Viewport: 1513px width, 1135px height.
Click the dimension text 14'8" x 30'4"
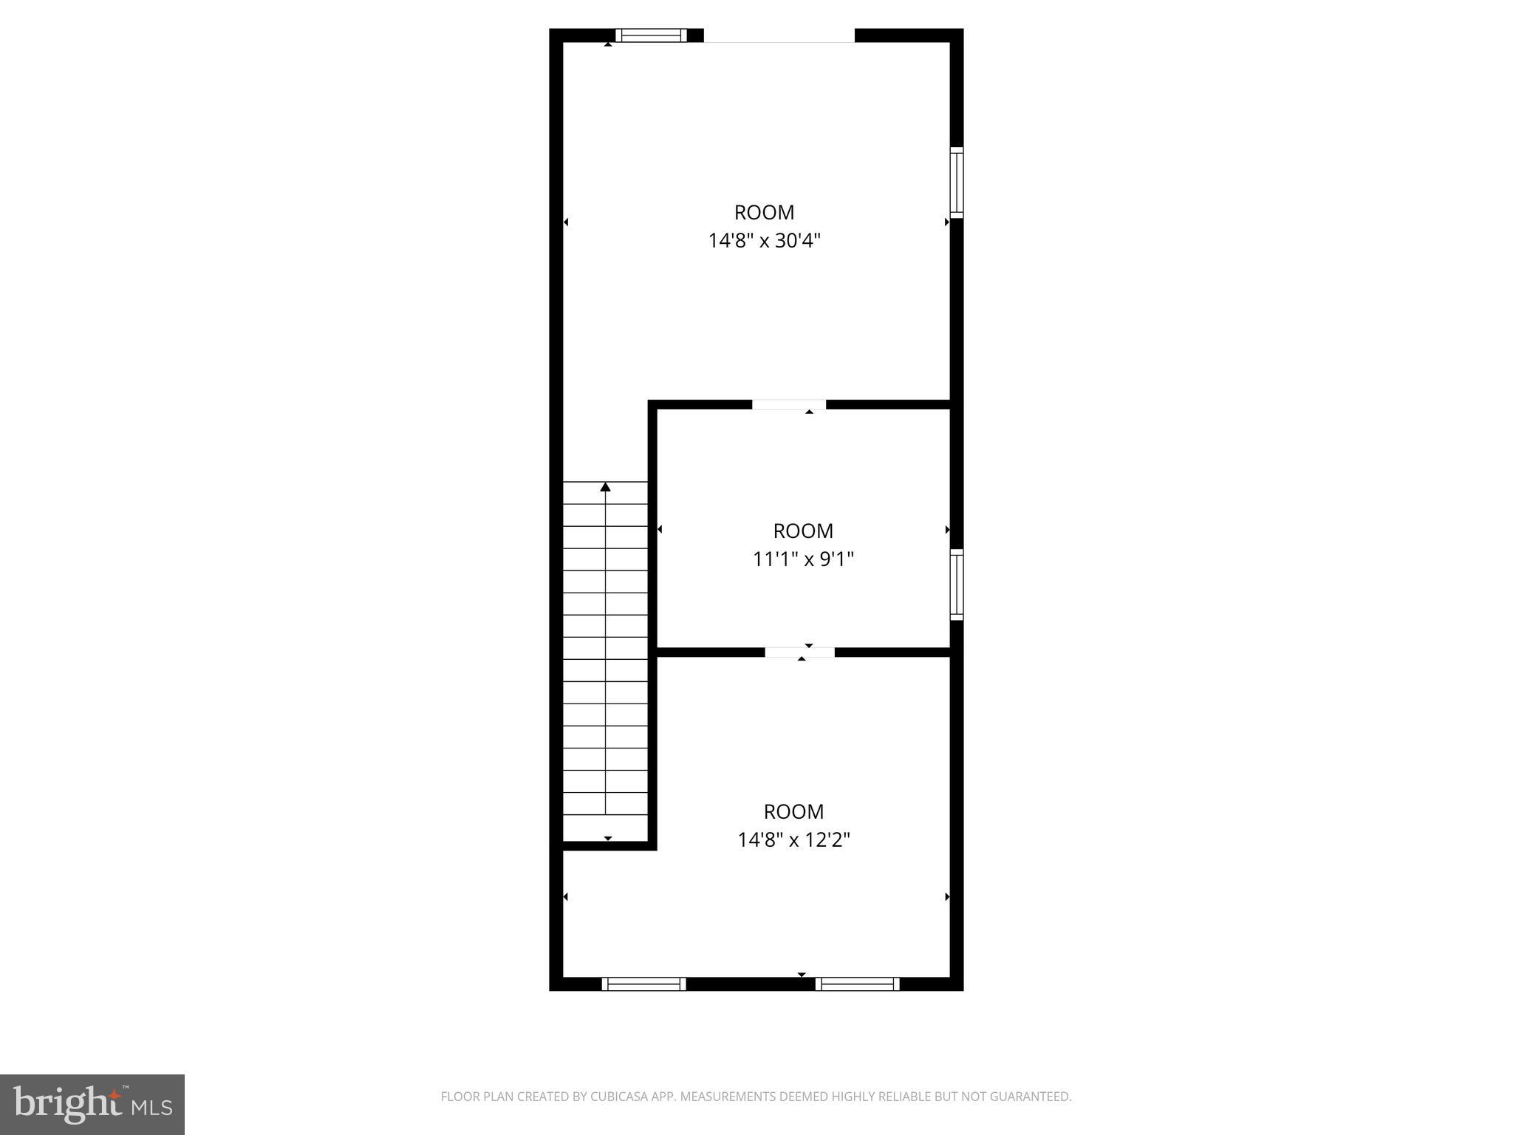pos(765,241)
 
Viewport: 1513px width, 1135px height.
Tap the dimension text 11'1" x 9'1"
pos(803,559)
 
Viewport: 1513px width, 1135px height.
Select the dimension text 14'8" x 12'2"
pos(794,840)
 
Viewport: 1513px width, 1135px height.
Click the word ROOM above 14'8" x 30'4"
pos(765,213)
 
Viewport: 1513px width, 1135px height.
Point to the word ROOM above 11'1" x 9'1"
pos(803,531)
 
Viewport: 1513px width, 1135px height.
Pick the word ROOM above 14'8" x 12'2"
pos(794,812)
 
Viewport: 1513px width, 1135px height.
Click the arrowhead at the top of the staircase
pos(606,486)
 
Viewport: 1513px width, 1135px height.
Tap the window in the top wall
pos(651,35)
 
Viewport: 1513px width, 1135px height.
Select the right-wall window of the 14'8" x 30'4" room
pos(956,182)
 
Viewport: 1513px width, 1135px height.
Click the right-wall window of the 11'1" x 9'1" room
pos(956,584)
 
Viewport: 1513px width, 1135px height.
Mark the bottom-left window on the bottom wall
pos(643,984)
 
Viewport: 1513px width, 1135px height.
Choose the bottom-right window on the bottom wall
pos(857,984)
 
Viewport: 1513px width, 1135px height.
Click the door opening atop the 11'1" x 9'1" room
pos(788,404)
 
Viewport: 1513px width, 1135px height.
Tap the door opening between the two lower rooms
pos(799,652)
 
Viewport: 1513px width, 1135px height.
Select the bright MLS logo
pos(92,1104)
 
